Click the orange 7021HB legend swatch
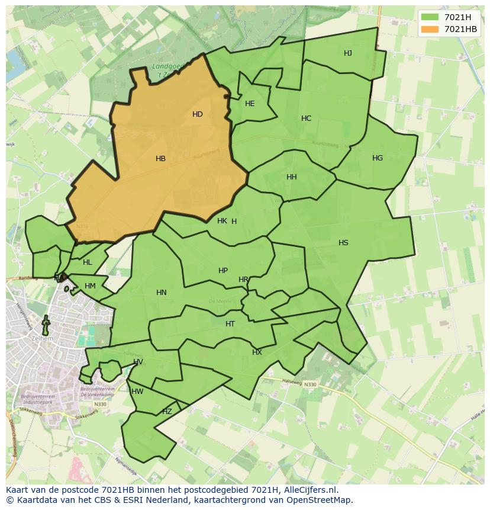[x=430, y=29]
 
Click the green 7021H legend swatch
[x=430, y=17]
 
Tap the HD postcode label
[x=198, y=114]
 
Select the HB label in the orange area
[x=160, y=159]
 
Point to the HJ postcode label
[x=348, y=53]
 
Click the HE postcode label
[x=250, y=104]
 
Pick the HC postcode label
[x=306, y=118]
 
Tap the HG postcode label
[x=378, y=158]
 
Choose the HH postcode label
[x=292, y=177]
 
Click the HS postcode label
[x=343, y=243]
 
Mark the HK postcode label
[x=222, y=221]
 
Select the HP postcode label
[x=223, y=271]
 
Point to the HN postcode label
[x=162, y=293]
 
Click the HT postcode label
[x=230, y=324]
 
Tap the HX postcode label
[x=257, y=352]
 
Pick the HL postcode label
[x=88, y=262]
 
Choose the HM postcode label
[x=90, y=286]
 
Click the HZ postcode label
[x=167, y=412]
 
